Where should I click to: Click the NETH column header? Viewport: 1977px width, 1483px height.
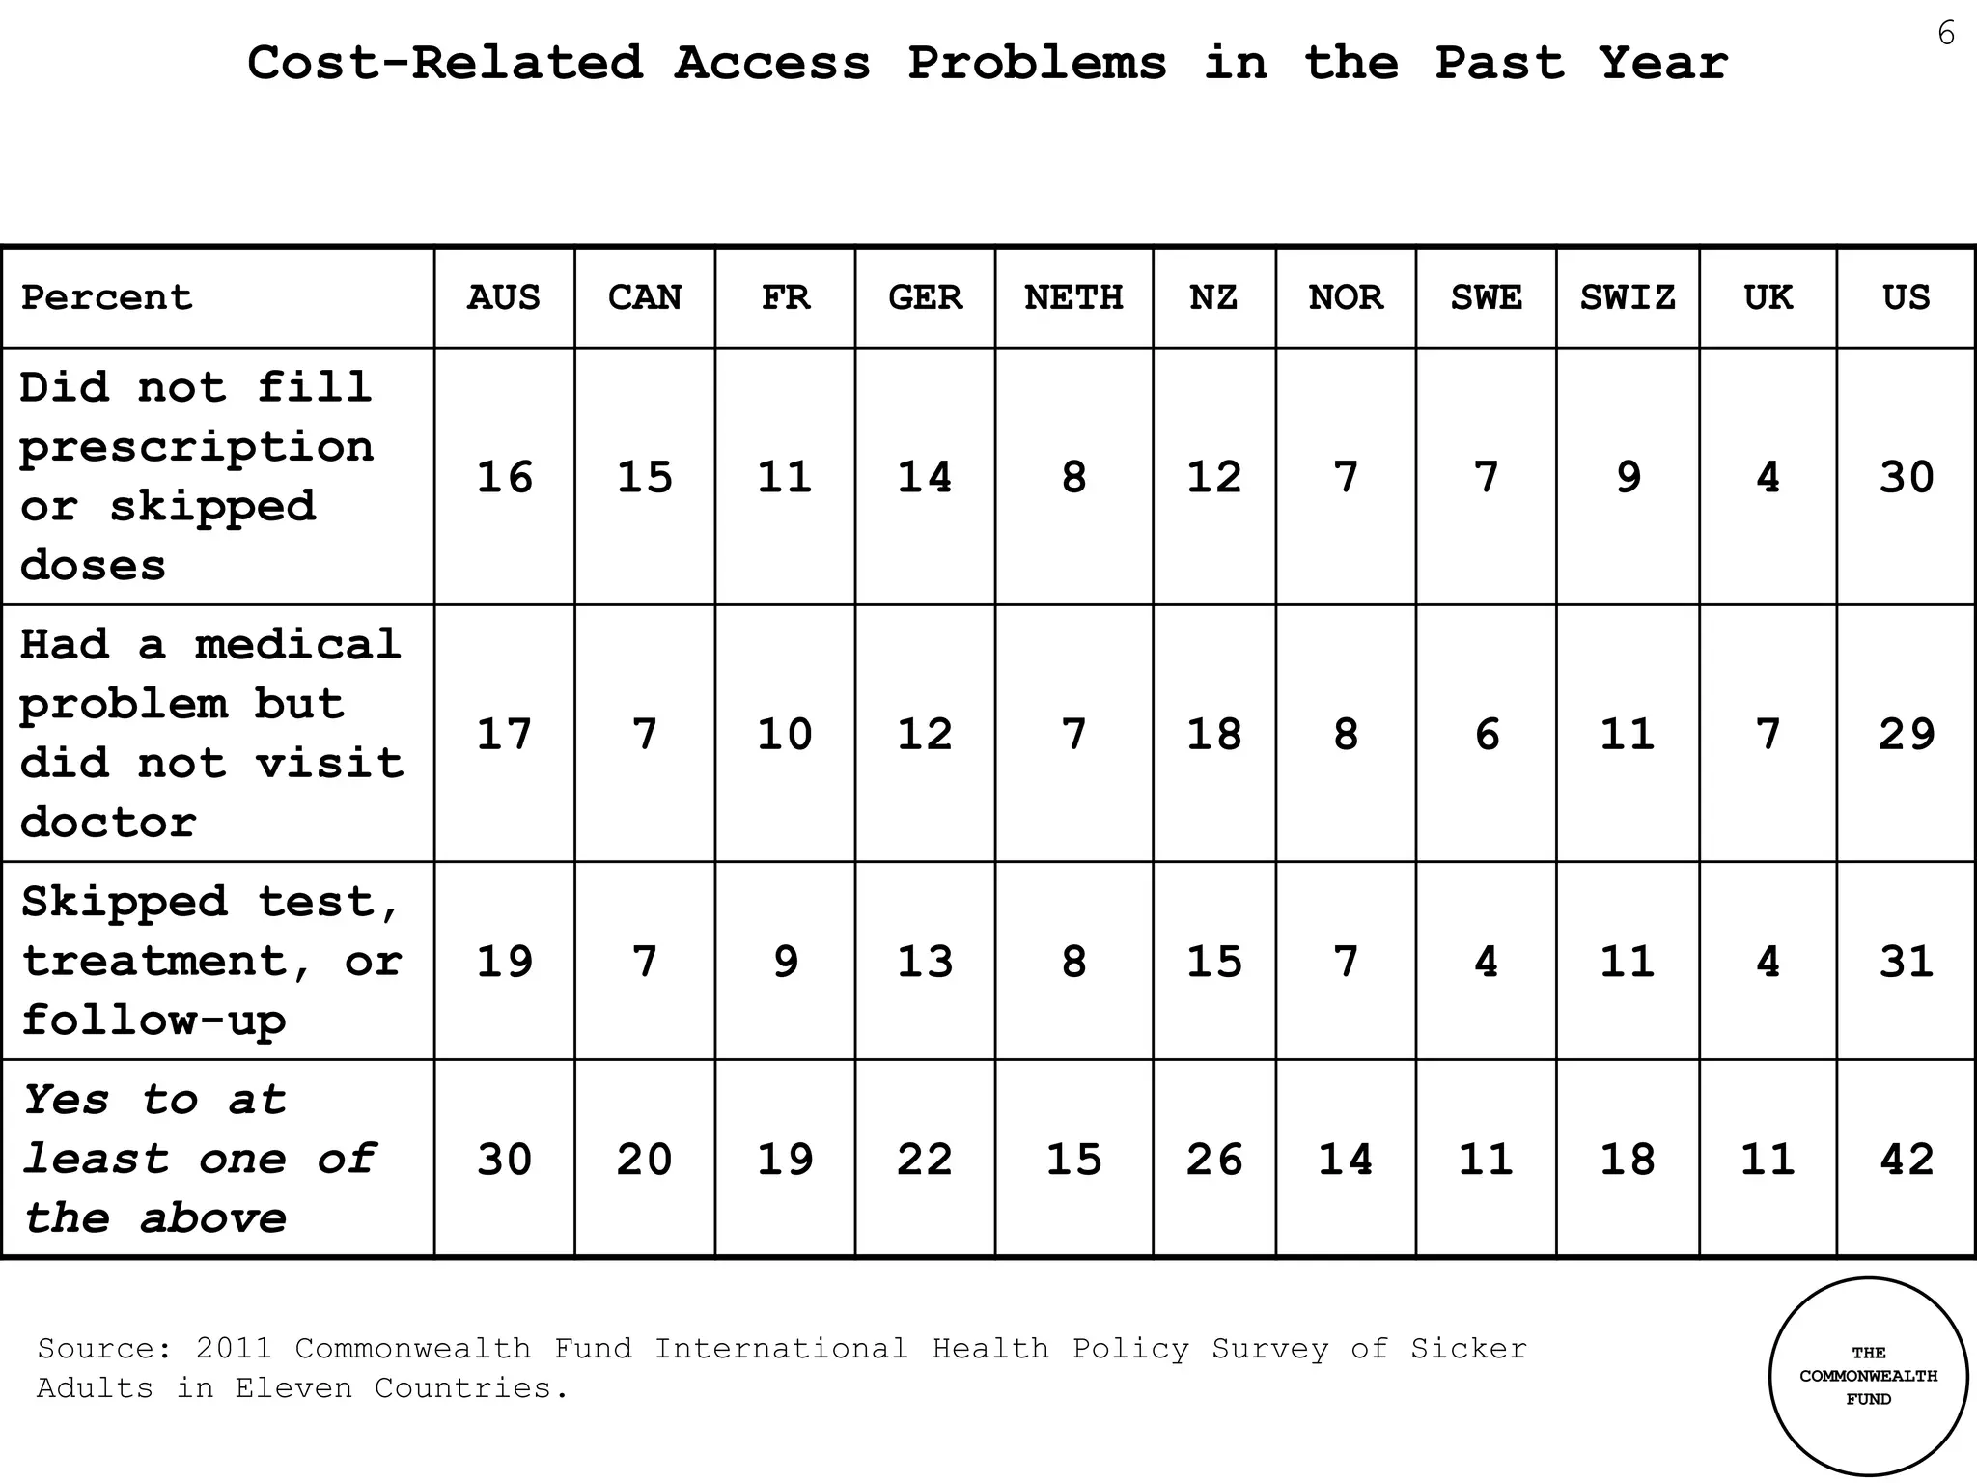[x=1073, y=297]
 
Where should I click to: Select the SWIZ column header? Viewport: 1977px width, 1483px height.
[x=1628, y=297]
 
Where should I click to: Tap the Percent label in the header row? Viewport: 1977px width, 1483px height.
[x=106, y=297]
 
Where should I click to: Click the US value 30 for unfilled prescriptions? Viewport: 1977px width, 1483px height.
[x=1907, y=477]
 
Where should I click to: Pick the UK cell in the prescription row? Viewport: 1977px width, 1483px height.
[x=1768, y=477]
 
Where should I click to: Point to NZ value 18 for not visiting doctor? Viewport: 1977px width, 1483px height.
[x=1213, y=734]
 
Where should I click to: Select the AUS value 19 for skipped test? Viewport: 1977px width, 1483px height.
[x=504, y=962]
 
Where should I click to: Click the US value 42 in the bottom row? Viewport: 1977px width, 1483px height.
[x=1907, y=1160]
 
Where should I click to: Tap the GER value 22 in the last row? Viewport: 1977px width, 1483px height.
[x=925, y=1160]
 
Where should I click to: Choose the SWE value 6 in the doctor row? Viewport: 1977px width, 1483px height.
[x=1487, y=734]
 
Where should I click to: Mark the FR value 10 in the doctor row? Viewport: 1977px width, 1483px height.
[x=785, y=734]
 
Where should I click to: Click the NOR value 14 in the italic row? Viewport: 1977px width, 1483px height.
[x=1346, y=1160]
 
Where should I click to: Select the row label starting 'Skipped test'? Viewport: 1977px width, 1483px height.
[x=210, y=962]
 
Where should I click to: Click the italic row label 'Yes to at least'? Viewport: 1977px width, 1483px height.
[x=198, y=1160]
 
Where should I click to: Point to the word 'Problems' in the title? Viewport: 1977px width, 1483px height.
[x=1037, y=64]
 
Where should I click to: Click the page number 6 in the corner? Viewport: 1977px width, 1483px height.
[x=1946, y=35]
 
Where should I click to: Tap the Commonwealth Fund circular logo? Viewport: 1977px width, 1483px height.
[x=1868, y=1376]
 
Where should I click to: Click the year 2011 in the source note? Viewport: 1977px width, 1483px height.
[x=234, y=1348]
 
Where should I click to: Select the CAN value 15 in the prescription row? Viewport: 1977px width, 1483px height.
[x=644, y=477]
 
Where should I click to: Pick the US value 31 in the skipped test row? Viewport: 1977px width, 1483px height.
[x=1907, y=962]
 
